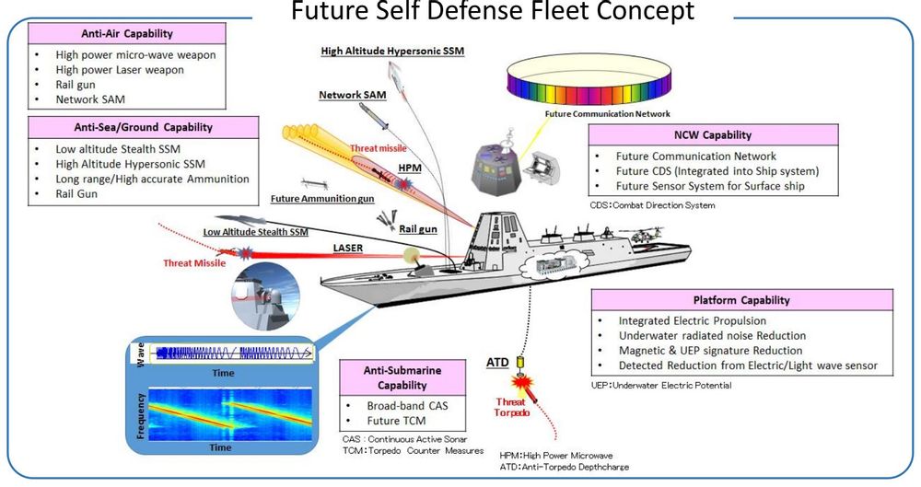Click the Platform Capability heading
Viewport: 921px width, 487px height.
pyautogui.click(x=741, y=300)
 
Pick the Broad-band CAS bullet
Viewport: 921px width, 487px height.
pyautogui.click(x=408, y=405)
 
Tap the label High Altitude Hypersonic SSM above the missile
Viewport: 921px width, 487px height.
pyautogui.click(x=392, y=52)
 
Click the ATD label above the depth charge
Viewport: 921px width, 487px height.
pyautogui.click(x=496, y=364)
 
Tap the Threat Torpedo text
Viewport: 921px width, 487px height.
pyautogui.click(x=511, y=407)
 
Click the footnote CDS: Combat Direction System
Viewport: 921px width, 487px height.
pyautogui.click(x=652, y=205)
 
